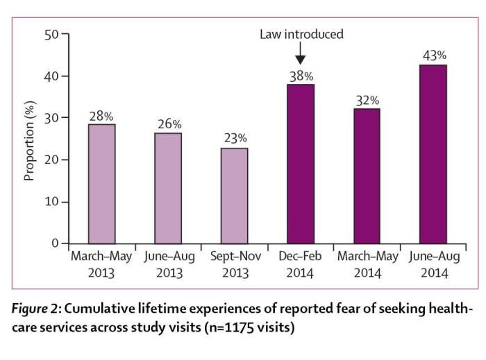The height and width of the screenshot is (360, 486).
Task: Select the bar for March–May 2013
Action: [x=101, y=184]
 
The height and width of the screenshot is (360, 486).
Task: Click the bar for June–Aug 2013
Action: [x=167, y=188]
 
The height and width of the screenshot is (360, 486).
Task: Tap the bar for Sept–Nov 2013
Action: [x=234, y=196]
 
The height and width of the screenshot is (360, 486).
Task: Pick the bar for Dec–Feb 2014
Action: [x=300, y=164]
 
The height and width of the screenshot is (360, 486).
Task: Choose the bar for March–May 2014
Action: [x=367, y=176]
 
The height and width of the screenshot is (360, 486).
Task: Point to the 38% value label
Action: [x=300, y=76]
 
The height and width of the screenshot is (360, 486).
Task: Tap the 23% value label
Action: [x=234, y=138]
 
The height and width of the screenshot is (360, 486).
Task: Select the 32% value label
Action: [x=367, y=99]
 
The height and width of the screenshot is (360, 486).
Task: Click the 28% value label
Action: [x=101, y=115]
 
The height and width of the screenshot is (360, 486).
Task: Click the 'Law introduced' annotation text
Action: [x=301, y=34]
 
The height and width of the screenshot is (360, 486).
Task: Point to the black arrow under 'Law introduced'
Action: [x=300, y=55]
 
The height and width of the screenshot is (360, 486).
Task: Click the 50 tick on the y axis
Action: [x=53, y=34]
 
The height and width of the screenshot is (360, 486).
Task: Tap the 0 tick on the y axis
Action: [x=56, y=244]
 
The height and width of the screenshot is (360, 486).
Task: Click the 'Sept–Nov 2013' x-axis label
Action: [x=234, y=264]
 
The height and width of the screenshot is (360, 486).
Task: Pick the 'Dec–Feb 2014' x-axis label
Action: [x=300, y=264]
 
